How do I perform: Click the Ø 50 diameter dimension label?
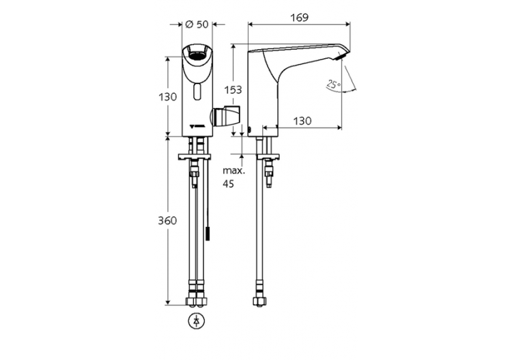(197, 25)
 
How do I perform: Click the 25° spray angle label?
(333, 85)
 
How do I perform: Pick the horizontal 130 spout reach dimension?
(302, 121)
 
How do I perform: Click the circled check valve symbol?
(197, 321)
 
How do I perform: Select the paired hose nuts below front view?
(197, 301)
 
